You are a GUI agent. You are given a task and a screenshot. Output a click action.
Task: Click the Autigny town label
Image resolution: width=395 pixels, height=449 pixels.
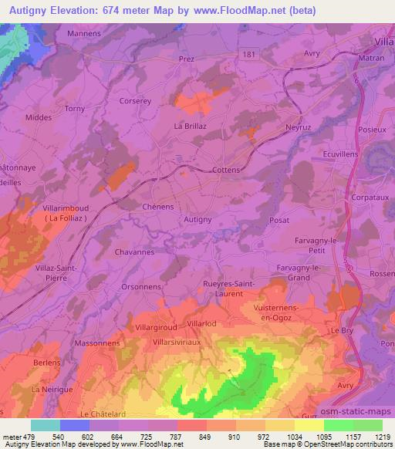pos(197,220)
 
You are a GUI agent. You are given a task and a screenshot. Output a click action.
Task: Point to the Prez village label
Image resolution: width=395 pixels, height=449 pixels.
pos(186,58)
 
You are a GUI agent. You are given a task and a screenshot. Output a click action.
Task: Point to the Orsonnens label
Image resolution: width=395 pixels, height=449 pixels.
pos(140,286)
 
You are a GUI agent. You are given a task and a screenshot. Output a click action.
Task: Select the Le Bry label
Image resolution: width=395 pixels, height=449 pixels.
pos(341,330)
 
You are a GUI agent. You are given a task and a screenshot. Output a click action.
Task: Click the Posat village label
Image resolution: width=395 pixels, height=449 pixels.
pos(279,220)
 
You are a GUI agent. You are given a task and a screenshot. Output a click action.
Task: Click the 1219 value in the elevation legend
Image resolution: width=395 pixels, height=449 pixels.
pos(374,437)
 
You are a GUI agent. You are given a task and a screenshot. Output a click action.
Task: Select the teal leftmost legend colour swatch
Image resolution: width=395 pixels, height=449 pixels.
pos(45,425)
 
